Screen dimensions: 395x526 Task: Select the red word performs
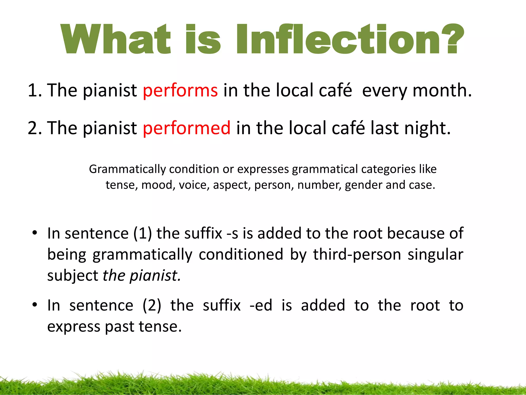180,91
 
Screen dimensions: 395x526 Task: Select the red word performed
187,128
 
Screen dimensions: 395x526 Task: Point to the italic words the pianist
142,276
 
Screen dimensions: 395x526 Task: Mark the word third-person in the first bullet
357,255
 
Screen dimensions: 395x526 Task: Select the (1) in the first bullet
143,234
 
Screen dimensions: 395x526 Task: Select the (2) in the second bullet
152,306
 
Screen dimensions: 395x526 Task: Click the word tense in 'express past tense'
160,327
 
